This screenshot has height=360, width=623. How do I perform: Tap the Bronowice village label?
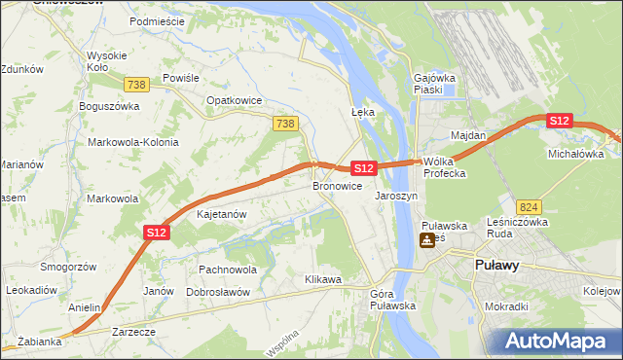point(338,185)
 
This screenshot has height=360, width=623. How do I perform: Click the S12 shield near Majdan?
point(559,121)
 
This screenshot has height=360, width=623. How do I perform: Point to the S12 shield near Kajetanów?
point(158,233)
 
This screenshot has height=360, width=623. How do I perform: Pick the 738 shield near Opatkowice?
point(284,124)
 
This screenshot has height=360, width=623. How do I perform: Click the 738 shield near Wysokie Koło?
point(138,85)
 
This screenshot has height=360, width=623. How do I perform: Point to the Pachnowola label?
point(227,270)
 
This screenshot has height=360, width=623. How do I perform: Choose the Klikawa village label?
point(323,280)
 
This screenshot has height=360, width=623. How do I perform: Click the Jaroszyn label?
point(396,196)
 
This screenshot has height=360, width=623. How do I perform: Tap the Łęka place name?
point(362,112)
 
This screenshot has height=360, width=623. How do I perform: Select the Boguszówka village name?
point(110,105)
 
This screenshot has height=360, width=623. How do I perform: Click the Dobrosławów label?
point(219,292)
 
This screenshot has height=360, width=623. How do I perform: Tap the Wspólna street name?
point(280,342)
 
